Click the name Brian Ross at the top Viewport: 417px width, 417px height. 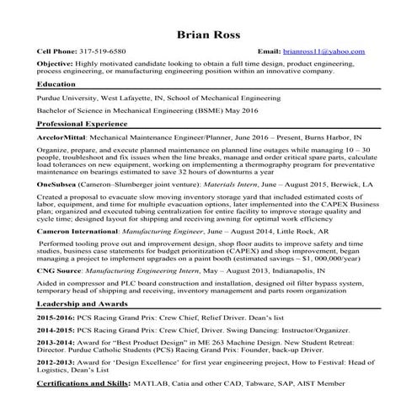(208, 35)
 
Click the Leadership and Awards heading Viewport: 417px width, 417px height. (82, 302)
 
